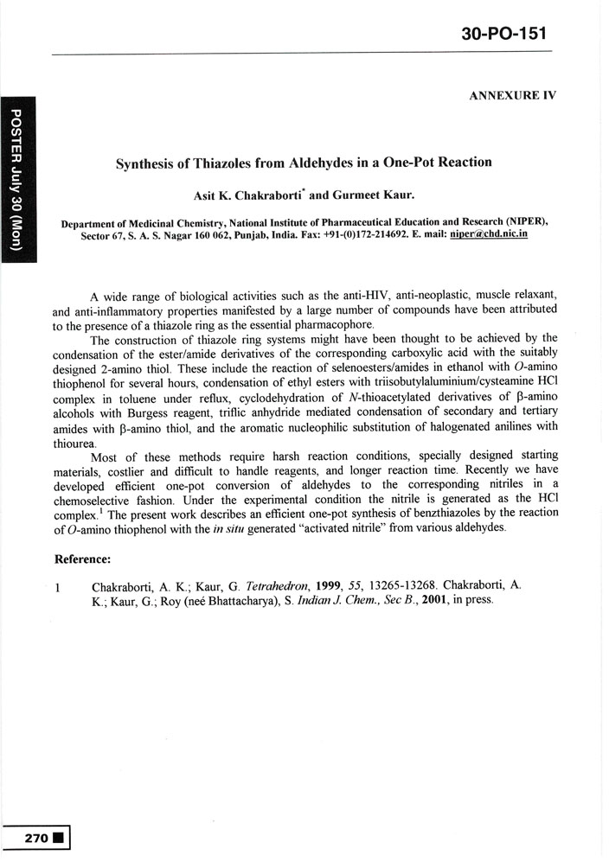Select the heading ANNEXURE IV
click(511, 96)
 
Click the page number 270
click(32, 837)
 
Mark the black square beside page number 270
click(57, 837)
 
